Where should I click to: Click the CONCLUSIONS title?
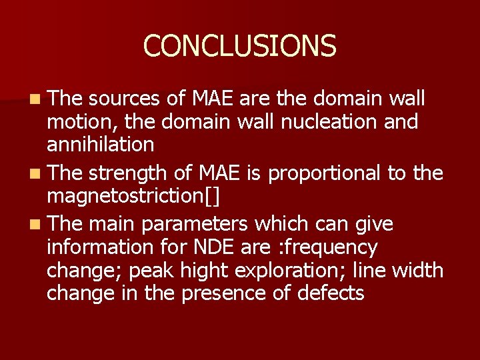[239, 46]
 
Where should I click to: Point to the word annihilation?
[100, 145]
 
